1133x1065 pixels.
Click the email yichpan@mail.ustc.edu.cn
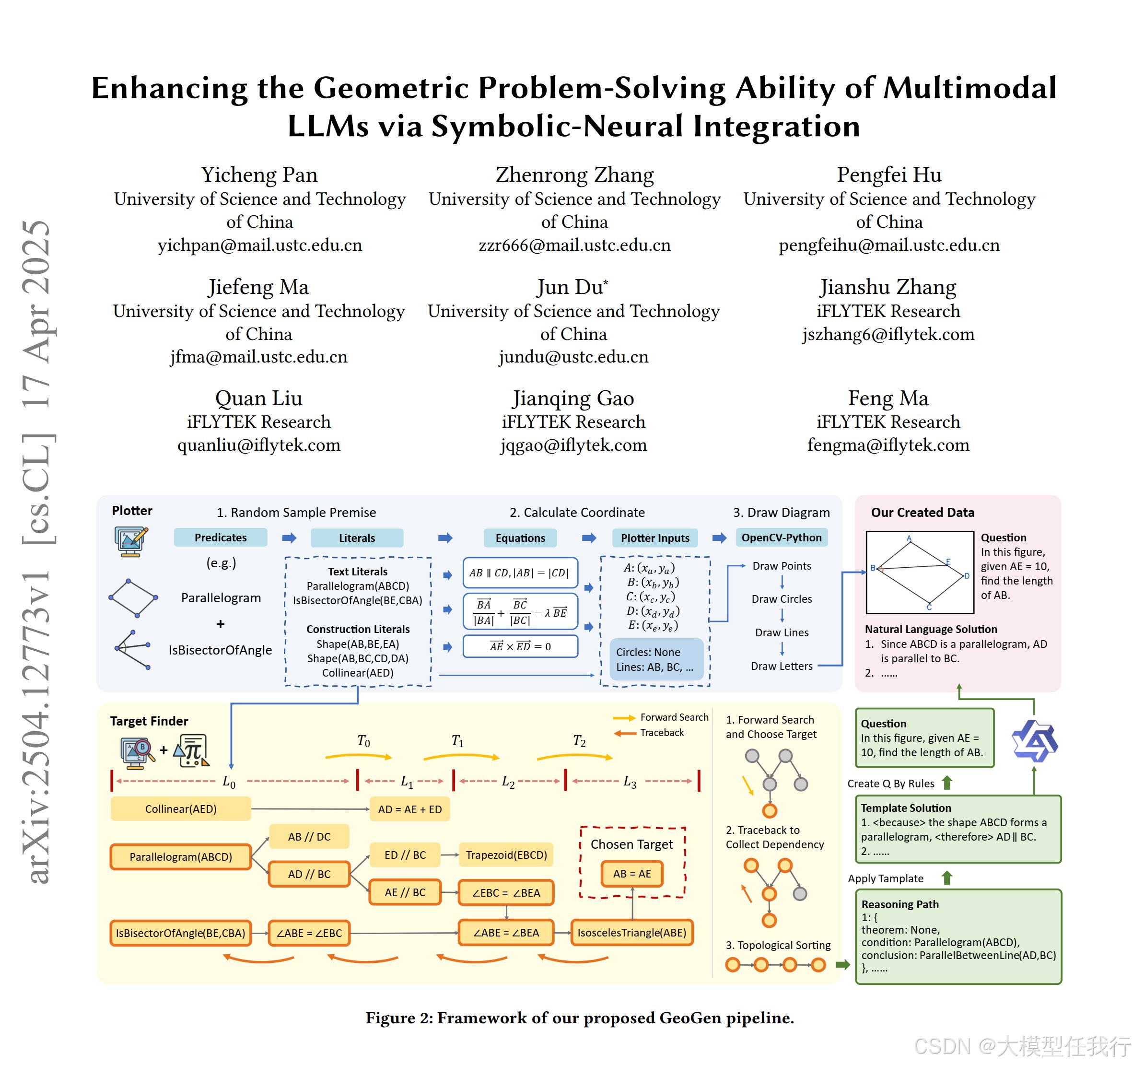(259, 245)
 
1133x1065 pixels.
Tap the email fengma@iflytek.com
(888, 445)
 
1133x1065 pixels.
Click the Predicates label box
(221, 538)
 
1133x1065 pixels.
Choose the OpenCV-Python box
(782, 538)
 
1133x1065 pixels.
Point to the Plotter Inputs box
(655, 538)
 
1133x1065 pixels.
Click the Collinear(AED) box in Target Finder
(181, 808)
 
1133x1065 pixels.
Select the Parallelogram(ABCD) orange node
(181, 856)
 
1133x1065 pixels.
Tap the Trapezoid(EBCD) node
(506, 855)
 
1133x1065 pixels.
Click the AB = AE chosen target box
(632, 874)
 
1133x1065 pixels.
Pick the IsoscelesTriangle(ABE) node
(631, 932)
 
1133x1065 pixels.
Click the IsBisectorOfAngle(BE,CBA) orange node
(181, 933)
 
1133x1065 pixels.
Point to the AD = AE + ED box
(410, 809)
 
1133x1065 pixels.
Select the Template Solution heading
(906, 808)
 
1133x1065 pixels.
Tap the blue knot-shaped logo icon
(1034, 740)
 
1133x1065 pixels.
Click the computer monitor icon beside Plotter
(131, 541)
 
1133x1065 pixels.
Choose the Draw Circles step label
(782, 599)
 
